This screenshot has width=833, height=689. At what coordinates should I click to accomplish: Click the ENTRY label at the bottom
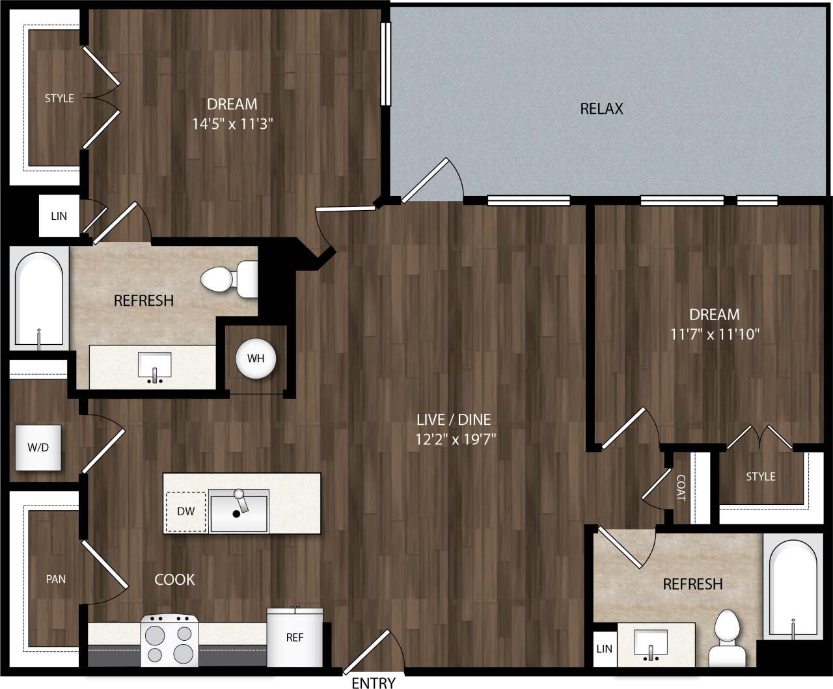pos(373,682)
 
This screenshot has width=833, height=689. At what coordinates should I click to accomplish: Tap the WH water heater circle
pos(256,358)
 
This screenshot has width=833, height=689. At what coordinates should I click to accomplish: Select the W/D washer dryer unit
pos(38,448)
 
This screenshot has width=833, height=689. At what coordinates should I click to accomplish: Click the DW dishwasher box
pos(185,511)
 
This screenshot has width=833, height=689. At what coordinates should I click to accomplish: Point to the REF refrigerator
pos(295,638)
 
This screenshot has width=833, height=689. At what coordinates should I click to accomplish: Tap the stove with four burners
pos(169,641)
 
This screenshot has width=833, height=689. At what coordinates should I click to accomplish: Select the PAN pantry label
pos(56,579)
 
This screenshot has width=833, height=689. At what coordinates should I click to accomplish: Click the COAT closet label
pos(681,487)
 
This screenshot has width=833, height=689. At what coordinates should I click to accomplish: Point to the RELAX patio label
pos(601,109)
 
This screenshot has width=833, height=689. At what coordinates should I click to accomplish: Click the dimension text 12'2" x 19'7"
pos(456,439)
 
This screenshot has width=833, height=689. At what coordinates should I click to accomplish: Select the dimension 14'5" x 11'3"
pos(232,124)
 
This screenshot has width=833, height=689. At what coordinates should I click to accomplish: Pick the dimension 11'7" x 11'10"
pos(715,334)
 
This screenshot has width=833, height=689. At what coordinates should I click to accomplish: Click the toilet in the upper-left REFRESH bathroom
pos(228,278)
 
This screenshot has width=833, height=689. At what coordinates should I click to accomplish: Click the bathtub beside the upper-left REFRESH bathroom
pos(40,299)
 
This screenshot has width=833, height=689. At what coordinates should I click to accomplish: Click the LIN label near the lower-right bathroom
pos(604,649)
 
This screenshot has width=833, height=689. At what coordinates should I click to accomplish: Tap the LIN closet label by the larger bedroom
pos(59,216)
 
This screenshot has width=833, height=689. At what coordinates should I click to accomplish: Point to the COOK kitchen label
pos(174,579)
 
